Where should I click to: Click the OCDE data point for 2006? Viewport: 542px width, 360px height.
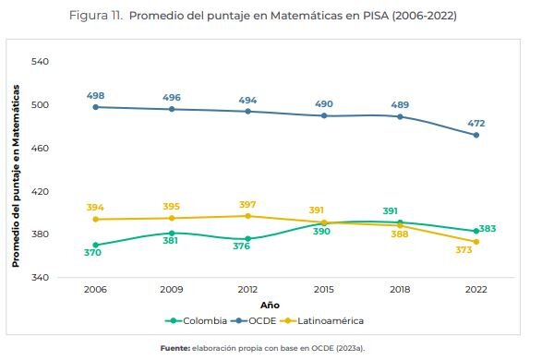96,107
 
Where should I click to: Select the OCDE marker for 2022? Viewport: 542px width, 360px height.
476,135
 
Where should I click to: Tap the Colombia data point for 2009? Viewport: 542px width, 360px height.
172,234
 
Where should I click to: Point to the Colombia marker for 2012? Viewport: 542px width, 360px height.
247,239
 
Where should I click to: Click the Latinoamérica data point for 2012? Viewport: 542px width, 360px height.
247,216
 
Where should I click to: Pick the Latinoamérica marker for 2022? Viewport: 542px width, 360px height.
476,242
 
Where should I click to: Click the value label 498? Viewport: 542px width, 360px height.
95,96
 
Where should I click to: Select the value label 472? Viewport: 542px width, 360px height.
476,124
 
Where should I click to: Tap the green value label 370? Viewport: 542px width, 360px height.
92,253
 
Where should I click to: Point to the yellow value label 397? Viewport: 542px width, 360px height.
247,205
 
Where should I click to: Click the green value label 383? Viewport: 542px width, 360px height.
488,229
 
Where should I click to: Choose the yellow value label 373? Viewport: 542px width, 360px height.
464,250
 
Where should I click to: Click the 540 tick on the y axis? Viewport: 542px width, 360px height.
40,62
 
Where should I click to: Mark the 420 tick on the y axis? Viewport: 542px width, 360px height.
40,191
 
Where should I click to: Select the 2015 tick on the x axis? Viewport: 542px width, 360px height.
324,289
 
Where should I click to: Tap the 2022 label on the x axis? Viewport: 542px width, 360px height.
476,289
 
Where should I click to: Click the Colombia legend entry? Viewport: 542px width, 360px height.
196,321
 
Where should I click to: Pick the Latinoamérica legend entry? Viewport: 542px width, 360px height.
322,321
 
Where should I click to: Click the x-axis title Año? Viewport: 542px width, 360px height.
270,305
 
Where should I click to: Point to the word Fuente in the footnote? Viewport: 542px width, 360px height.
175,348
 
